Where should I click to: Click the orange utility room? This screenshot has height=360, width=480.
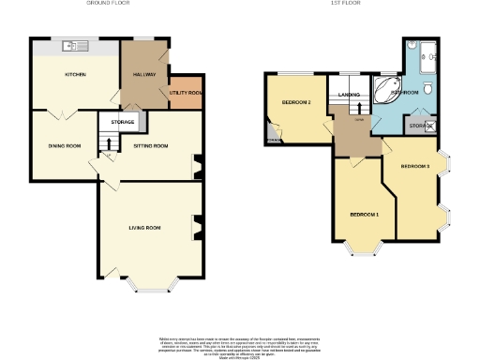click(x=186, y=92)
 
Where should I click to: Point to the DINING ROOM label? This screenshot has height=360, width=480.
click(x=65, y=146)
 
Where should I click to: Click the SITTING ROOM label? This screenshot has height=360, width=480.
click(x=150, y=146)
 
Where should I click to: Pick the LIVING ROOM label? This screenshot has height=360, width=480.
click(x=145, y=228)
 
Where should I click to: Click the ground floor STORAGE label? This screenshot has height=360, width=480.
click(x=123, y=122)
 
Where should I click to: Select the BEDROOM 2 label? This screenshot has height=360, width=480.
click(x=296, y=102)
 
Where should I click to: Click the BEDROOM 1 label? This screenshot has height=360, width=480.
click(x=365, y=215)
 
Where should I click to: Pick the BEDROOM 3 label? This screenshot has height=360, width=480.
click(x=414, y=166)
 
